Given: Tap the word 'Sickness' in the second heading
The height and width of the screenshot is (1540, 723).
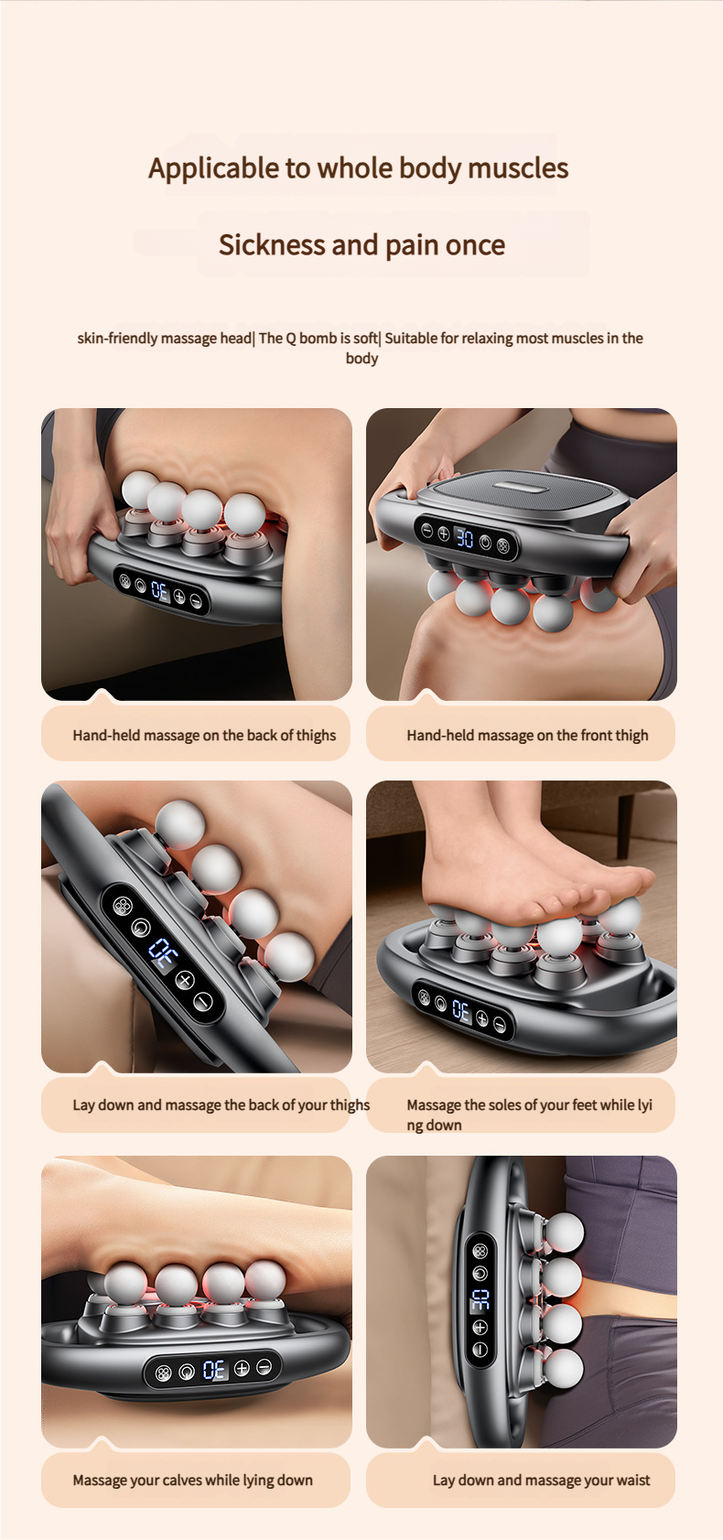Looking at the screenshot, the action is pyautogui.click(x=271, y=244).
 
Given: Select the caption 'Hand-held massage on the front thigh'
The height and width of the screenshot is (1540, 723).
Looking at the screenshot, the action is pyautogui.click(x=527, y=736).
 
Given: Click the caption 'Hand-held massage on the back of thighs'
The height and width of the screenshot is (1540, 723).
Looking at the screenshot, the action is pyautogui.click(x=204, y=736).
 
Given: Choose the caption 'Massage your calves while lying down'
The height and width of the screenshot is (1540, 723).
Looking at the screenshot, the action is pyautogui.click(x=192, y=1481).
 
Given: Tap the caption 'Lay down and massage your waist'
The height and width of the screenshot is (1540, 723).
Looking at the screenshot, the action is pyautogui.click(x=541, y=1481).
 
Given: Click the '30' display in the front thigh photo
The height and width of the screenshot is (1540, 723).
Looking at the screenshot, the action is pyautogui.click(x=465, y=538).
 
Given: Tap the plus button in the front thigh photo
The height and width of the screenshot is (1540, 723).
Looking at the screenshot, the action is pyautogui.click(x=444, y=533).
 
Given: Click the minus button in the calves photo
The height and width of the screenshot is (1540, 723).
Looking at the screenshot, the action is pyautogui.click(x=264, y=1367).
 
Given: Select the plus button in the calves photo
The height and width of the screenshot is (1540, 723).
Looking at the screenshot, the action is pyautogui.click(x=242, y=1368).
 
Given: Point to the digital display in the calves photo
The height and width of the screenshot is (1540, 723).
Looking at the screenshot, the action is pyautogui.click(x=214, y=1370).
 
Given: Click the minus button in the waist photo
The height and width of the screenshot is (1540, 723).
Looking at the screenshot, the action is pyautogui.click(x=480, y=1350).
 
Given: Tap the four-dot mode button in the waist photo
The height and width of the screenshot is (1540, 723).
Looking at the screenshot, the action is pyautogui.click(x=480, y=1251).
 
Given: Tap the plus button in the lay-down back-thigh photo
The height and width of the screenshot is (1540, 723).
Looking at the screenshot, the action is pyautogui.click(x=184, y=980).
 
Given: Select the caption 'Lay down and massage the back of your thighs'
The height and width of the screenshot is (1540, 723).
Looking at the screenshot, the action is pyautogui.click(x=221, y=1105).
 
